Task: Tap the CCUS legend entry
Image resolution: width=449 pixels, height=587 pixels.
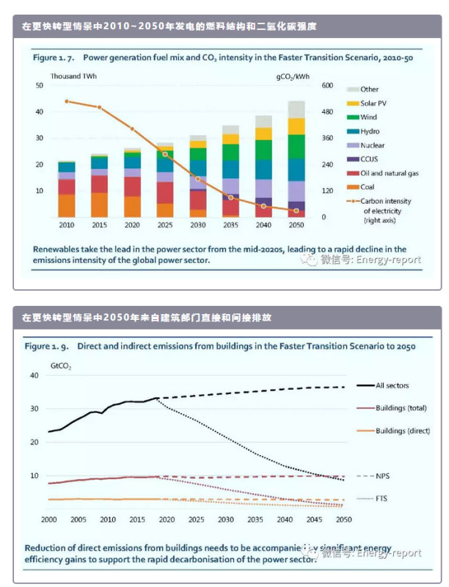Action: click(370, 159)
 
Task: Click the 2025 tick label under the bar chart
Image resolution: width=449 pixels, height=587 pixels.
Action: click(164, 225)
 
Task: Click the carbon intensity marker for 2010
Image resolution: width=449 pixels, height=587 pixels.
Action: click(67, 101)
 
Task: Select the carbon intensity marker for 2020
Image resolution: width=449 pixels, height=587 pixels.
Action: click(132, 129)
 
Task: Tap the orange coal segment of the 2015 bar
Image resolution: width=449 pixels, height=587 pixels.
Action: click(99, 204)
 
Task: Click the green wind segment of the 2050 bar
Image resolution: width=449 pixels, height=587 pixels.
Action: click(296, 146)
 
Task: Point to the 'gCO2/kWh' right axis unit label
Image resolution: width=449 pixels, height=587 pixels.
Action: click(293, 76)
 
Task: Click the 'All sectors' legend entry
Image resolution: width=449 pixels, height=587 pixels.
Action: click(392, 385)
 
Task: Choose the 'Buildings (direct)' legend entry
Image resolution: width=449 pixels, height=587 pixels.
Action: click(401, 431)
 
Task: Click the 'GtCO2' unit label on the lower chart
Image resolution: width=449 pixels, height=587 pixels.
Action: click(60, 364)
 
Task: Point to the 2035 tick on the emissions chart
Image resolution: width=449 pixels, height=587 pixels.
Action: click(255, 519)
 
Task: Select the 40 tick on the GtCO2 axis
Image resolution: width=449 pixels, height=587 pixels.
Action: click(33, 375)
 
